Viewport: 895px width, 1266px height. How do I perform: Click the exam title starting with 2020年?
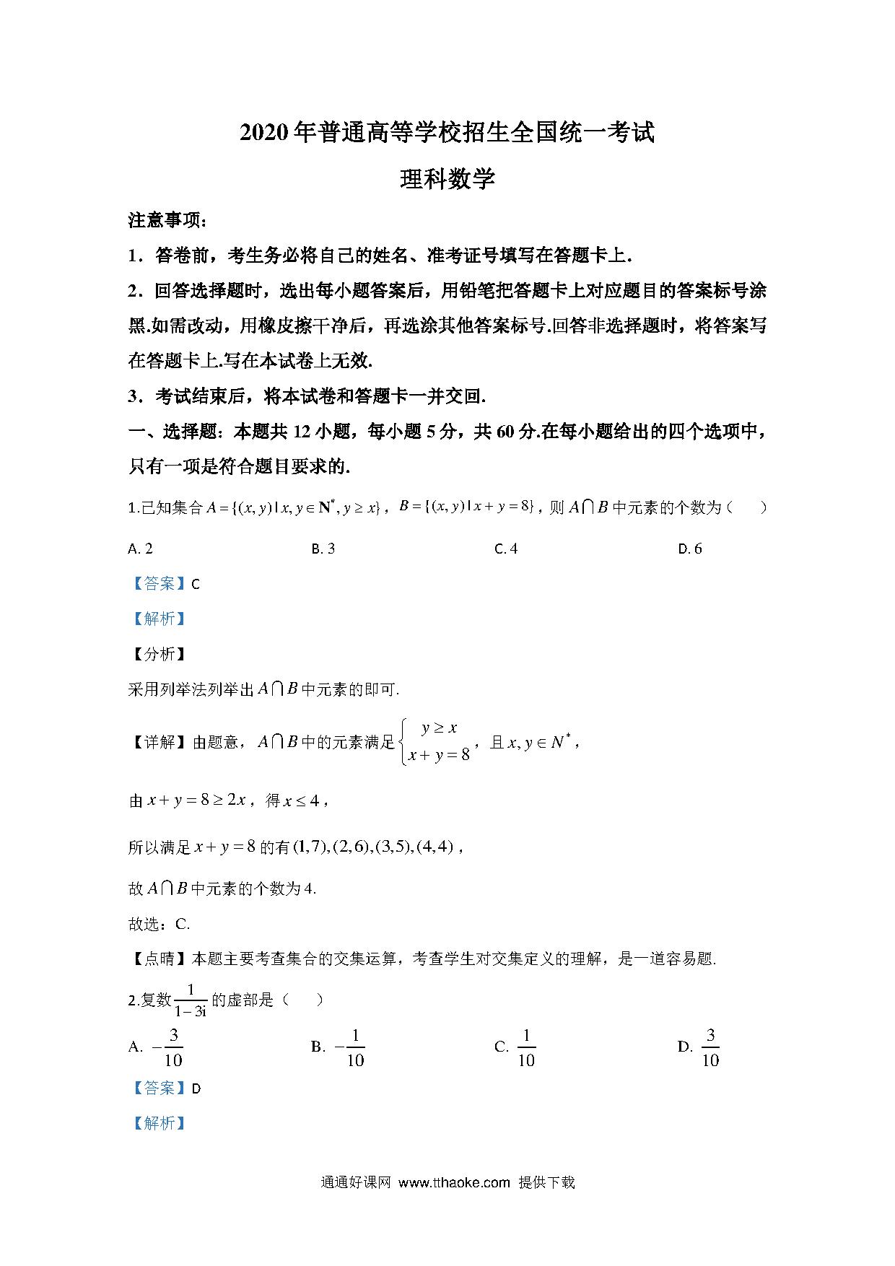click(447, 134)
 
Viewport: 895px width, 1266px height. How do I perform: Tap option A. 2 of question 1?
click(140, 549)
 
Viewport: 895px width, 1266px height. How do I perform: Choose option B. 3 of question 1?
click(323, 549)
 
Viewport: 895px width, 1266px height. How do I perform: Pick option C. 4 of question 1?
click(506, 549)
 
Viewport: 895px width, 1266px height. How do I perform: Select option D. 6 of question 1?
click(690, 549)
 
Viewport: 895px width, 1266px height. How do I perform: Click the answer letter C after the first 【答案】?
click(196, 585)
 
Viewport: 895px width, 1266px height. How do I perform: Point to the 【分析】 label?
click(157, 654)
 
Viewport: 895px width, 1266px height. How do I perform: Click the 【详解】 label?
click(157, 742)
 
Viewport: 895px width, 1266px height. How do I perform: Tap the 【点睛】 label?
click(157, 959)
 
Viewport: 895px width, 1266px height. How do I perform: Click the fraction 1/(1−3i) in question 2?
click(191, 1000)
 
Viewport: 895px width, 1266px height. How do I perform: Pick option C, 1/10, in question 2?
click(515, 1047)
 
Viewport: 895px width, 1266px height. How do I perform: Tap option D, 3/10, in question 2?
click(700, 1047)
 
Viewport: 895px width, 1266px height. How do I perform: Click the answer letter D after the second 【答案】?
click(196, 1088)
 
